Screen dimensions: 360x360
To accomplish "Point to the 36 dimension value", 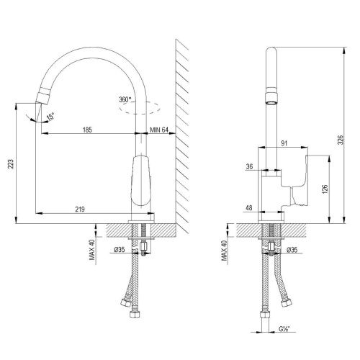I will pos(249,167).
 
